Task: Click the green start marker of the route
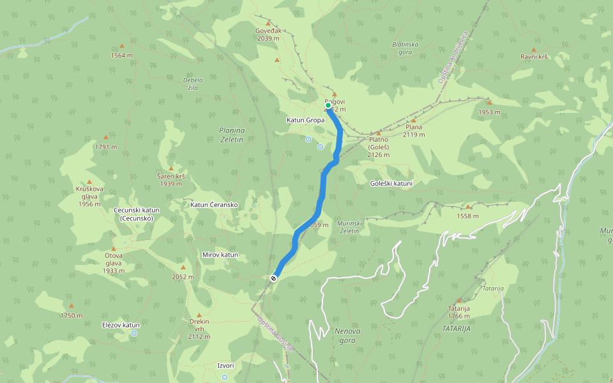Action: tap(328, 105)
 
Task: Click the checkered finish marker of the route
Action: tap(273, 278)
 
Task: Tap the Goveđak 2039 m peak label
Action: tap(268, 34)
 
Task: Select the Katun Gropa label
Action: tap(305, 120)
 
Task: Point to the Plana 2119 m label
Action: tap(414, 131)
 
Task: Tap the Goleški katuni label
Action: tap(391, 184)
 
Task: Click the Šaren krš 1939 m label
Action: tap(170, 179)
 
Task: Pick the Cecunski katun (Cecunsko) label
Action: tap(136, 214)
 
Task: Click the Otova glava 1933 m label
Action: tap(114, 262)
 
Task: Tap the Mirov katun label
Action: tap(220, 255)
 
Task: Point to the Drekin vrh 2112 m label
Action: tap(199, 329)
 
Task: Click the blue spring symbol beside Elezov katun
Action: tap(134, 333)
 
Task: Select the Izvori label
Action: tap(225, 365)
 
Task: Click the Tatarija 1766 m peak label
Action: tap(458, 312)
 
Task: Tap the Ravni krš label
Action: tap(534, 57)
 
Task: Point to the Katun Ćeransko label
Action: tap(215, 205)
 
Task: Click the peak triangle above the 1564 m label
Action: tap(122, 46)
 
